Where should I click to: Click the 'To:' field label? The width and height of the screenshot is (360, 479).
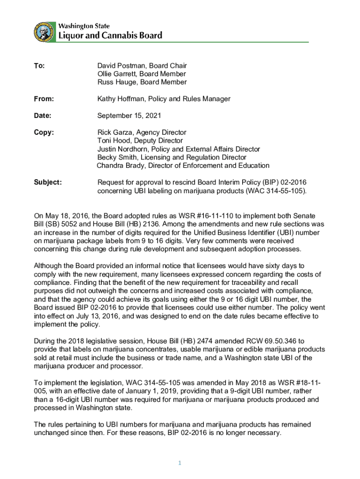click(39, 66)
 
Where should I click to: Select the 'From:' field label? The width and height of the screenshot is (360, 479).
click(44, 99)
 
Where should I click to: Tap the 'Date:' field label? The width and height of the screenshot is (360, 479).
click(43, 116)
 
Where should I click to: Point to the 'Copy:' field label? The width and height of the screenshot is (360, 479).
click(43, 132)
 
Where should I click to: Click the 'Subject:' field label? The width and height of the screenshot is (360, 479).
click(48, 182)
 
